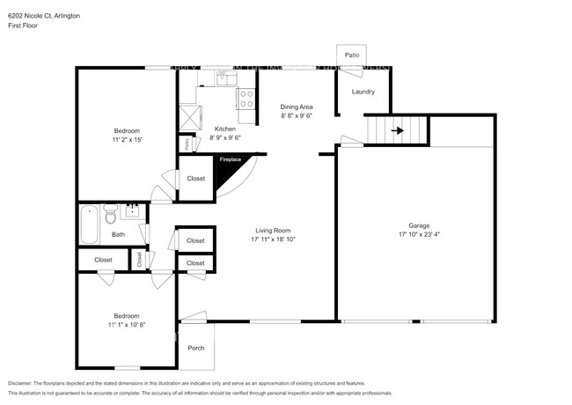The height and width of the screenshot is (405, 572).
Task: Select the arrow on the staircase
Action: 398,131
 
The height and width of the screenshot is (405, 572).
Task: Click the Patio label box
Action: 351,55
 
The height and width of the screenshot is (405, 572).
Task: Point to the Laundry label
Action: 363,92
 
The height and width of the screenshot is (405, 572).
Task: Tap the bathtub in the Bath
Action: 90,225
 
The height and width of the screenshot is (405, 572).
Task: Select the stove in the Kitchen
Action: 246,97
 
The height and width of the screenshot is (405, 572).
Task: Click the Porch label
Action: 196,348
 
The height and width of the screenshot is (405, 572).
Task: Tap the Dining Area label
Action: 297,107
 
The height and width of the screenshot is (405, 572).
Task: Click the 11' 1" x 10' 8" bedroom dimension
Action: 126,325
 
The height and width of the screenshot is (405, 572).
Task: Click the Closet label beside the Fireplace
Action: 195,179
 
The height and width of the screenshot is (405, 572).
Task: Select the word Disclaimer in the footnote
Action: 25,384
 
